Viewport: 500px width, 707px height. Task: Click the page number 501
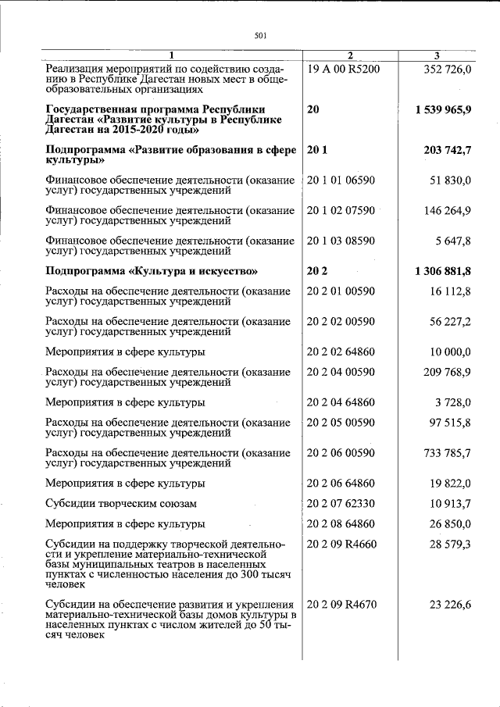(x=261, y=35)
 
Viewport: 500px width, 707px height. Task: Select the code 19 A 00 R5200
(x=344, y=68)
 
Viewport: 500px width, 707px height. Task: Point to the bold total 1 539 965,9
(x=444, y=109)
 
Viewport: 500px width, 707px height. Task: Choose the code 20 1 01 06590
(x=341, y=181)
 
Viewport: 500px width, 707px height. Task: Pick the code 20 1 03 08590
(x=341, y=241)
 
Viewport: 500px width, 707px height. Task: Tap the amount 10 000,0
(x=450, y=352)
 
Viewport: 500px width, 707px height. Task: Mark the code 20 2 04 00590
(x=341, y=372)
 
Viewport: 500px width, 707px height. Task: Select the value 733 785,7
(x=448, y=452)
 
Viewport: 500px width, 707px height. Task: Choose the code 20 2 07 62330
(x=341, y=503)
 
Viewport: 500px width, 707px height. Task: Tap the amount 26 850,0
(x=450, y=523)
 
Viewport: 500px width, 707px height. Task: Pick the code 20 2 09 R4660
(x=343, y=544)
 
